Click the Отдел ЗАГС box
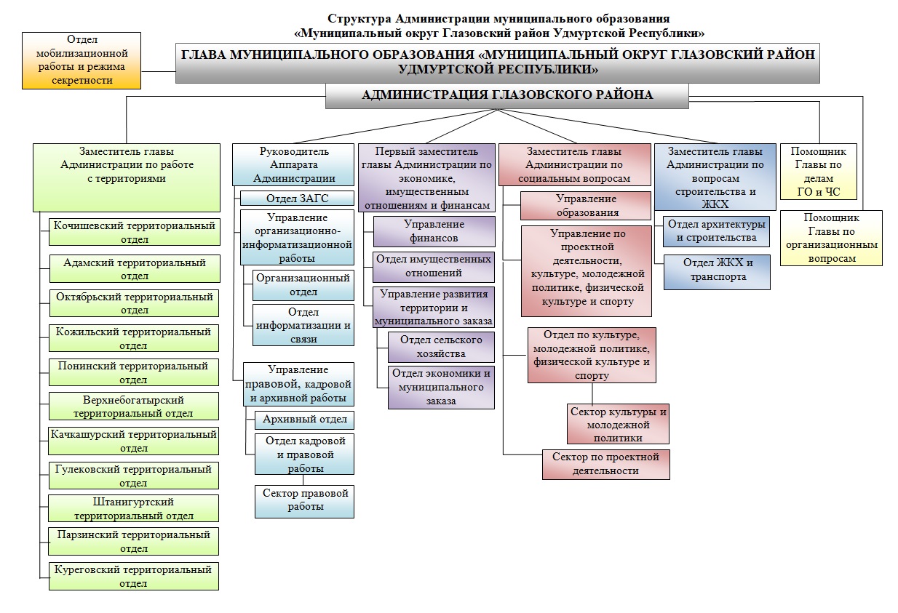(x=297, y=199)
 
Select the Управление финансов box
(x=434, y=231)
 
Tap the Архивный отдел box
(x=305, y=420)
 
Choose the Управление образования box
(x=586, y=206)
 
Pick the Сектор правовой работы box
(x=305, y=501)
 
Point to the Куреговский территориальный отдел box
(x=134, y=576)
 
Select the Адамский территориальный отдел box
(x=135, y=268)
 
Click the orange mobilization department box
(x=82, y=60)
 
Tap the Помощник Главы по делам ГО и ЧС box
(x=818, y=172)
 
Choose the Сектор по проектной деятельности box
(x=606, y=465)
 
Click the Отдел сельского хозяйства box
(x=441, y=347)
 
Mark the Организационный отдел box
(x=303, y=285)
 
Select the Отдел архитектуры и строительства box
(x=716, y=231)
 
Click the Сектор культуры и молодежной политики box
(x=618, y=424)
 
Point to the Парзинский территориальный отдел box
(x=133, y=541)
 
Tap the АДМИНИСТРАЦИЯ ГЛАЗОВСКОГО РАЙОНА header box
(x=507, y=96)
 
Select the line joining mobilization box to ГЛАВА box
(x=159, y=72)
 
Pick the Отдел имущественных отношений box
(x=434, y=267)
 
